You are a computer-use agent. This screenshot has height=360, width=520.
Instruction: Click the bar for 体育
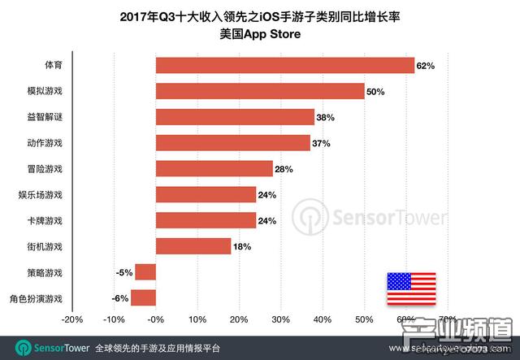tap(284, 65)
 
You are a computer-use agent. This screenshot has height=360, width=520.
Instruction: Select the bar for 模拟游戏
tap(260, 91)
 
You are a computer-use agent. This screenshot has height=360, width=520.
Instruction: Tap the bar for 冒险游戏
tap(214, 168)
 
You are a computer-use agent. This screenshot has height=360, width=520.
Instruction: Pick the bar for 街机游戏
tap(193, 245)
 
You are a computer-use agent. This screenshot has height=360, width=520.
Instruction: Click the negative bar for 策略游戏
tap(145, 271)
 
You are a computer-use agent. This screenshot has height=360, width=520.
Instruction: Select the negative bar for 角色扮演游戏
tap(143, 297)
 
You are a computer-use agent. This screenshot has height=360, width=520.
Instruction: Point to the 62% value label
tap(427, 65)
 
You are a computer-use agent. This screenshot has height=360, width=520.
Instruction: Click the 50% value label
tap(375, 92)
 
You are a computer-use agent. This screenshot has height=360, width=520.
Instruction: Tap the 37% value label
tap(321, 143)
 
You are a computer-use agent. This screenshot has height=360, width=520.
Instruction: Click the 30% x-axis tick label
tap(280, 319)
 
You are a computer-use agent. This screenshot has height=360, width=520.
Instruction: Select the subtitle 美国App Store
tap(259, 33)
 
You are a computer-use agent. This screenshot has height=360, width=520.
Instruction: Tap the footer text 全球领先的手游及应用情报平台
tap(157, 347)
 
